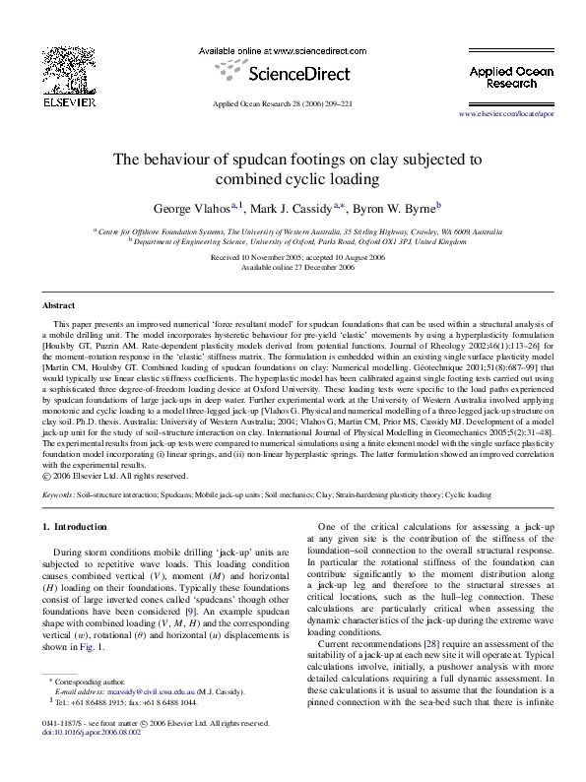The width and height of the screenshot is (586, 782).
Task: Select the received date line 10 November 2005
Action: (x=293, y=258)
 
